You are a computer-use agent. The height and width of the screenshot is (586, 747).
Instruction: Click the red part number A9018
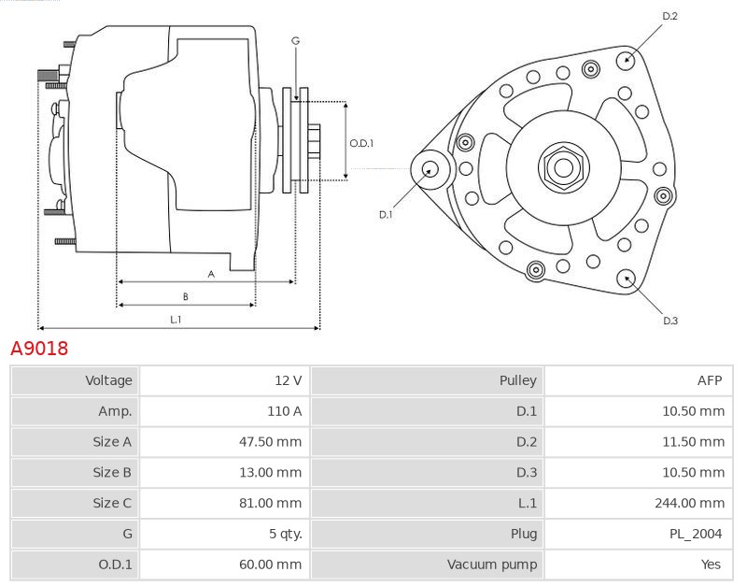tap(39, 349)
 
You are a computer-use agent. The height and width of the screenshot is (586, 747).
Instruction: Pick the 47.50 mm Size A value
tap(270, 442)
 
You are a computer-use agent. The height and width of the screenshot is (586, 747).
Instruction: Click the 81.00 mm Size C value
tap(270, 503)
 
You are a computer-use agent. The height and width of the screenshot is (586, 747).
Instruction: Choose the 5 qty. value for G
tap(285, 534)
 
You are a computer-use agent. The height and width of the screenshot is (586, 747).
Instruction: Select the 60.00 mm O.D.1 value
tap(270, 565)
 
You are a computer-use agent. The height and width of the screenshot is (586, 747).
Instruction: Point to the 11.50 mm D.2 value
tap(693, 442)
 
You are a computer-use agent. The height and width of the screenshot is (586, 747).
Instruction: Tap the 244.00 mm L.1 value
tap(689, 503)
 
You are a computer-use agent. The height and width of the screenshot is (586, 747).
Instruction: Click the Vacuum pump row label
tap(491, 565)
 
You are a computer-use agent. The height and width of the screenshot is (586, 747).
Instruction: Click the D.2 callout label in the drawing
tap(669, 16)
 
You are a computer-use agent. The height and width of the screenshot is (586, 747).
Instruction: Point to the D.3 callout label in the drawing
tap(669, 321)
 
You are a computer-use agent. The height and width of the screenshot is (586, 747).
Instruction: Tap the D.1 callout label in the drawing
tap(386, 214)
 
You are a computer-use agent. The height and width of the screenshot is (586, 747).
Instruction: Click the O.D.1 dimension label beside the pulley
tap(361, 143)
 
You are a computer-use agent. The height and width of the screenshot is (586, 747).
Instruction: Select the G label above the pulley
tap(295, 40)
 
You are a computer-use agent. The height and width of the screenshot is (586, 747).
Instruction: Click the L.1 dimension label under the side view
tap(176, 320)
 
